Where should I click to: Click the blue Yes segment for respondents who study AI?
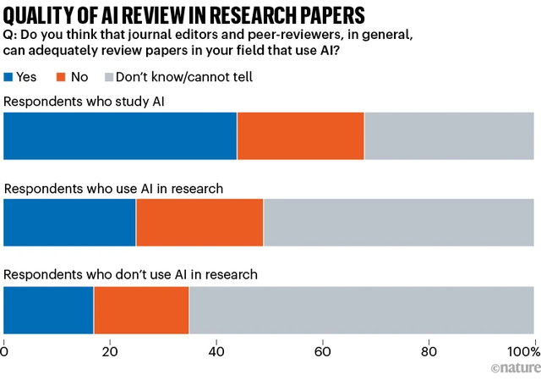point(120,135)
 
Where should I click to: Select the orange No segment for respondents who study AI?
point(300,135)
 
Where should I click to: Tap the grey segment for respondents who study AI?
point(449,135)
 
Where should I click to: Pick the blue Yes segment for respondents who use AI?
point(70,223)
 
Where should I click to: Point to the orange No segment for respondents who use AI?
point(199,223)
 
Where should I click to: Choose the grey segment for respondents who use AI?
point(398,223)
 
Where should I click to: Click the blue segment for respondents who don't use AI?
point(49,311)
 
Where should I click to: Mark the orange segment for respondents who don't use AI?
point(141,311)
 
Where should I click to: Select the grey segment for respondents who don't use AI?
point(361,311)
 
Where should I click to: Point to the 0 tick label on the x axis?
point(5,351)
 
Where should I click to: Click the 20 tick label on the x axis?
point(111,351)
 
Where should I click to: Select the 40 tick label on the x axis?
point(216,351)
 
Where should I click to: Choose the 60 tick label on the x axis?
point(322,351)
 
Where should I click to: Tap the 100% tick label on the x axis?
point(521,351)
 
